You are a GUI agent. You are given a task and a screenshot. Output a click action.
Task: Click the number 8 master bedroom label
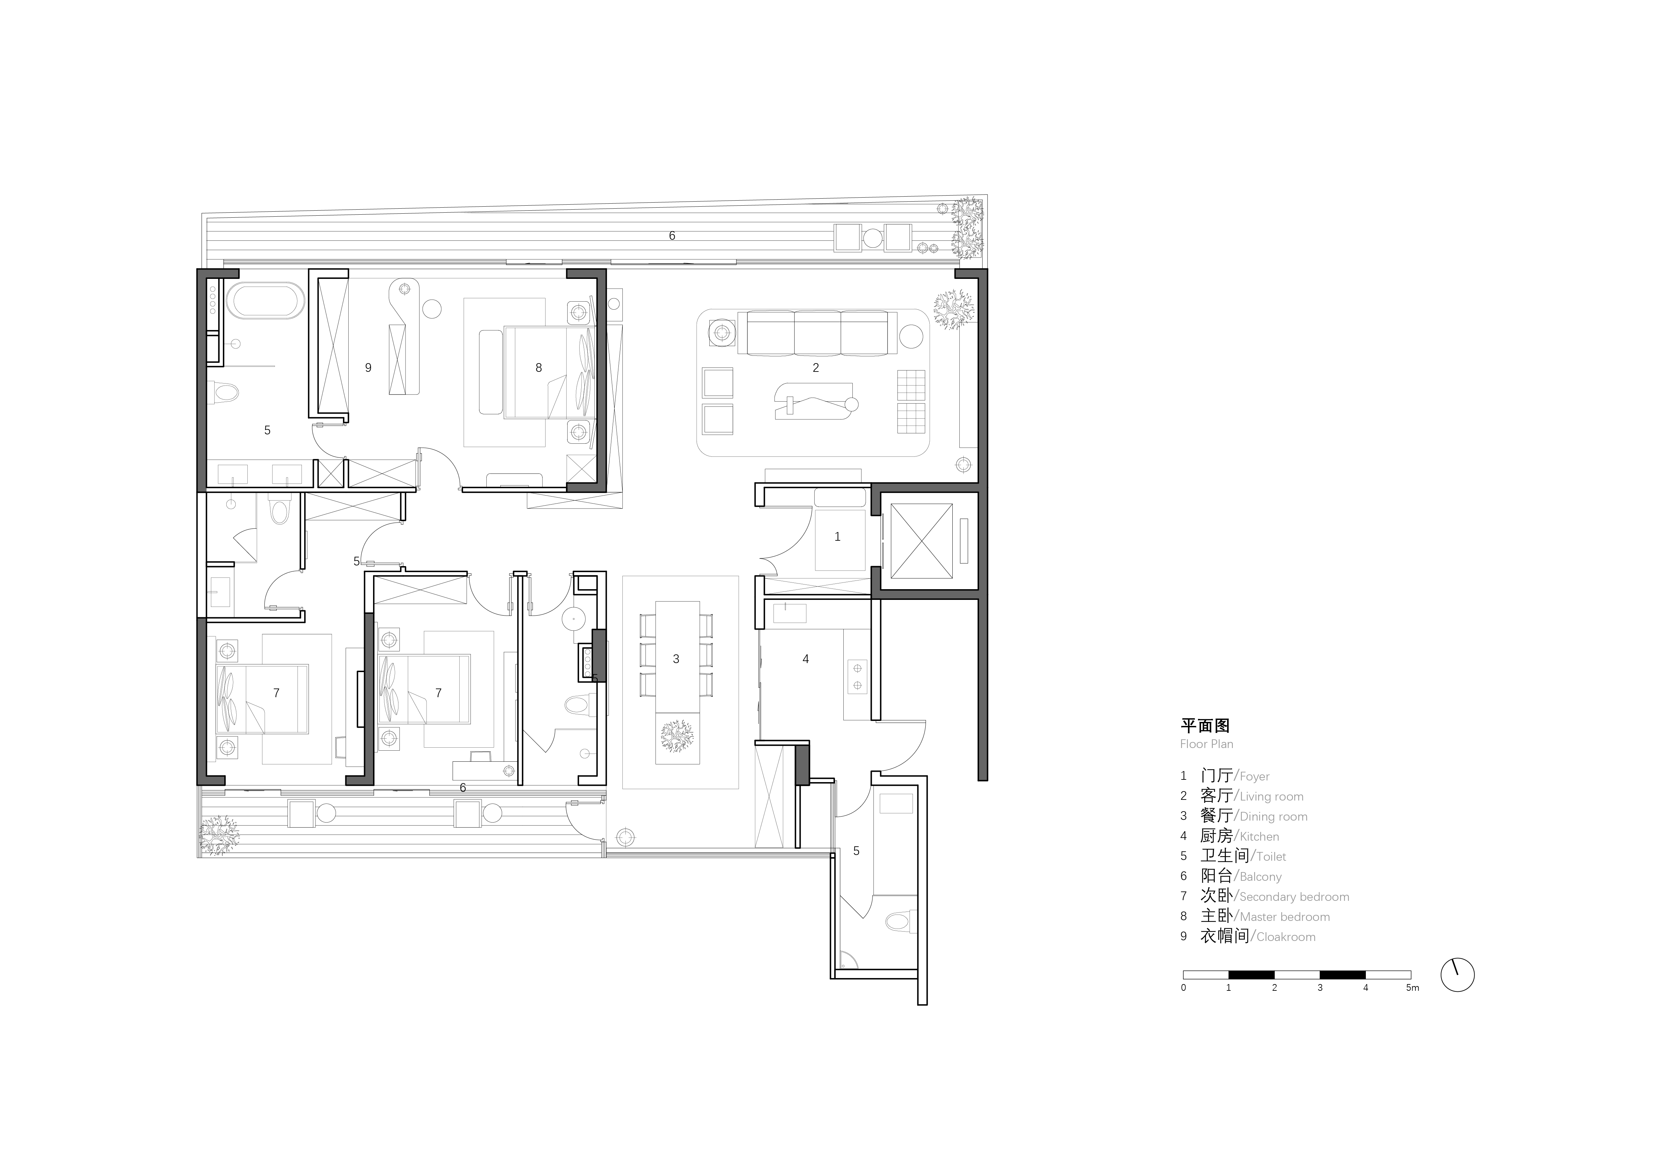click(x=538, y=368)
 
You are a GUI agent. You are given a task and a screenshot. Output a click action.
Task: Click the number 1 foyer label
click(x=837, y=536)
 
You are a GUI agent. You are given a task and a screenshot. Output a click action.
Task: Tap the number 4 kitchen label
click(x=806, y=659)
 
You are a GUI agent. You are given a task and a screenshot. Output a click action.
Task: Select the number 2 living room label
click(x=816, y=368)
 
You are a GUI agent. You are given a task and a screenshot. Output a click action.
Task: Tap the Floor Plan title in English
click(x=1207, y=744)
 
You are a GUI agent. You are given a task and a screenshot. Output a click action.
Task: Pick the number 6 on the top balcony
click(x=672, y=236)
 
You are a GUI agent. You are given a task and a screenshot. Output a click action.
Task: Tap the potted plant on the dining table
click(x=677, y=736)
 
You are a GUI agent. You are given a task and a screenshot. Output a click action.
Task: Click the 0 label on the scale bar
click(x=1184, y=988)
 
